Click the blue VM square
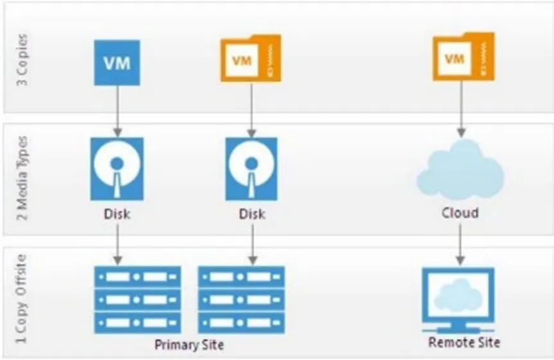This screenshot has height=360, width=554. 116,63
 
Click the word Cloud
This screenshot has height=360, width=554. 460,212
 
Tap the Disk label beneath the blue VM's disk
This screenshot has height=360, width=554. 117,213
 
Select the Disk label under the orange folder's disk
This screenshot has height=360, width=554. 252,213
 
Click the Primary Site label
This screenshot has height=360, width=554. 189,345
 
